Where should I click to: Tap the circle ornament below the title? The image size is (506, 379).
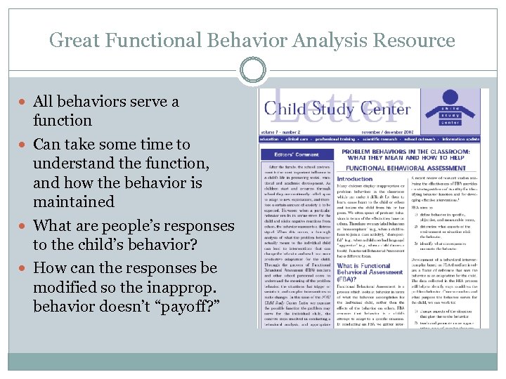(x=252, y=71)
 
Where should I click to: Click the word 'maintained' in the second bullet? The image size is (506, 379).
(x=73, y=202)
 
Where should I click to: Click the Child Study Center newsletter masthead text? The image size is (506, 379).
(x=337, y=109)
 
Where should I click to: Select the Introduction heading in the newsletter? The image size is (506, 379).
(x=356, y=178)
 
